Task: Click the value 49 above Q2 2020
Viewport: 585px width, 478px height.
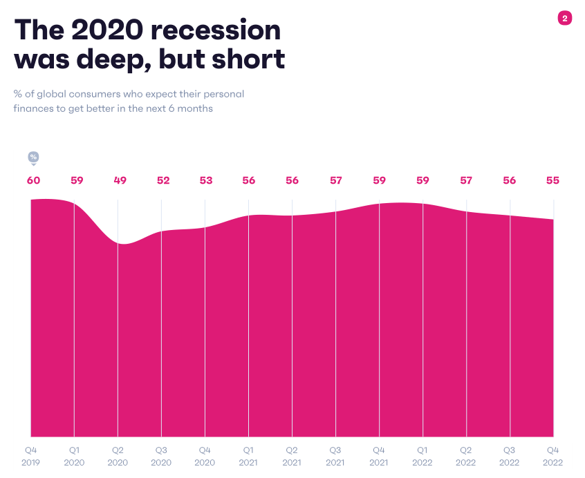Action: coord(120,180)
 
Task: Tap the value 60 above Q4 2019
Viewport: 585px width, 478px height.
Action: coord(33,180)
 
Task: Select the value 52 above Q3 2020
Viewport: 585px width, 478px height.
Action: coord(163,180)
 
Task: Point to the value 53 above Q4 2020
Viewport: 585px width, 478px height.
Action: coord(205,180)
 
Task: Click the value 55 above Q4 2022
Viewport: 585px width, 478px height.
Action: coord(552,180)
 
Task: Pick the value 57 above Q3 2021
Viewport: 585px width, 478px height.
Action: coord(336,180)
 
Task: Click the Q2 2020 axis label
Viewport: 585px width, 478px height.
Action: coord(118,456)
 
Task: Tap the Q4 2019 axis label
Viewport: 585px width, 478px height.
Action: coord(32,456)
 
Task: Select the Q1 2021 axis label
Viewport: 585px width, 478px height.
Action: coord(248,456)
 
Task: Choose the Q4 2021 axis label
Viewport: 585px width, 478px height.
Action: coord(379,456)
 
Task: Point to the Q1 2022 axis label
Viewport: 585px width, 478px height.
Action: coord(423,456)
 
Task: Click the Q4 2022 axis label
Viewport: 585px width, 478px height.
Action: coord(552,456)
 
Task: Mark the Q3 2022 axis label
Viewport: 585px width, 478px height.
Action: coord(510,456)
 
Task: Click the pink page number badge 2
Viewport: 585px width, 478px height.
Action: coord(564,19)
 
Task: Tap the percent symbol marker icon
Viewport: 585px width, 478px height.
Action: coord(33,157)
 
